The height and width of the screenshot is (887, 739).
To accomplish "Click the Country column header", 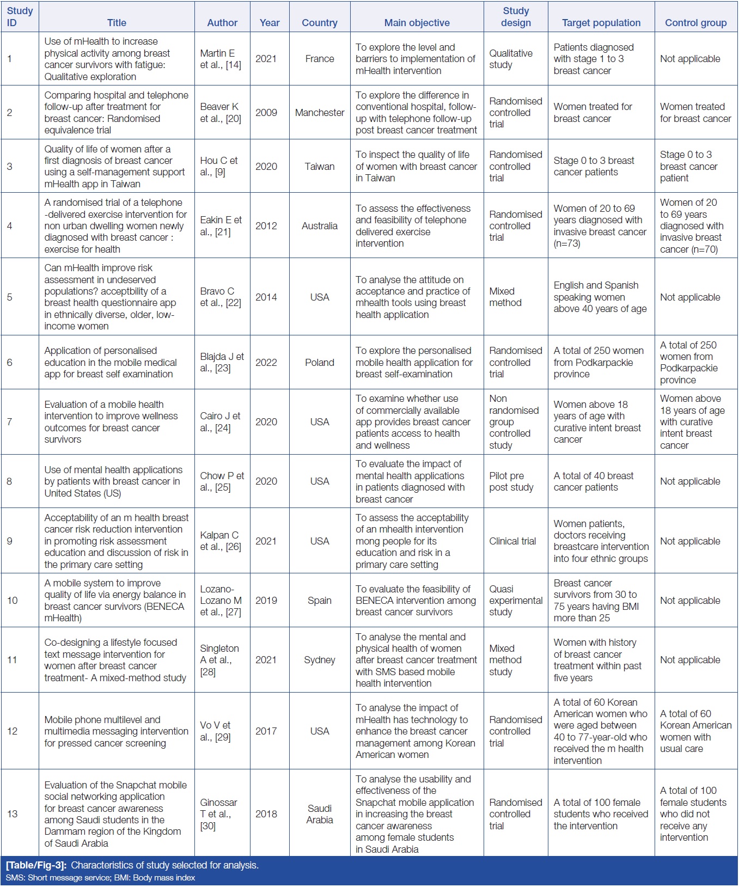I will tap(320, 23).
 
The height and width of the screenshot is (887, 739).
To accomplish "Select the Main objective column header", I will tap(417, 23).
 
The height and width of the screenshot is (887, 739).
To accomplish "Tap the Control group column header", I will tap(695, 23).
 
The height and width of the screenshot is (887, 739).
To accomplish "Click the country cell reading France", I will tap(320, 59).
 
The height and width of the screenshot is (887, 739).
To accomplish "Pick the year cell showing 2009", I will tap(266, 113).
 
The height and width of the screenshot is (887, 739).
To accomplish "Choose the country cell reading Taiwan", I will tap(320, 167).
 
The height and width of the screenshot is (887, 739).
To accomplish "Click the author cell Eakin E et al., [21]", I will tap(221, 226).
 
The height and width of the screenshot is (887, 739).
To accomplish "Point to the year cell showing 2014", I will tap(266, 297).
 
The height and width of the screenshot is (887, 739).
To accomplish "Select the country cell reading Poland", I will tap(320, 363).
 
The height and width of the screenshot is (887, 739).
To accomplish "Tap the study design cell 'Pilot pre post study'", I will tap(511, 481).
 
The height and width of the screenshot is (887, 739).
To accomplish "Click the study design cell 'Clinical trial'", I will tap(512, 541).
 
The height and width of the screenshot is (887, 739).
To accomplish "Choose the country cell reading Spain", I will tap(320, 601).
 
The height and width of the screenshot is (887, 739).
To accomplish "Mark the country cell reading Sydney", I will tap(320, 660).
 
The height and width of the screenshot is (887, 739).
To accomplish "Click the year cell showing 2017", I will tap(266, 731).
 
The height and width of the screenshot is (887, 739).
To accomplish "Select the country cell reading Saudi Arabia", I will tap(320, 814).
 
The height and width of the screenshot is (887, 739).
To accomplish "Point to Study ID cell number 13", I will tap(13, 814).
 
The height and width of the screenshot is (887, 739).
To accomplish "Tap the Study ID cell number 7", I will tap(9, 422).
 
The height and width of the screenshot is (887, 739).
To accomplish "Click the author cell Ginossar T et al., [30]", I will tap(218, 814).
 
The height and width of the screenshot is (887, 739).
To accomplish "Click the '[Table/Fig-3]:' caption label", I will tap(36, 865).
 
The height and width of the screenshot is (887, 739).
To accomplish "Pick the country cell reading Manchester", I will tap(320, 113).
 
